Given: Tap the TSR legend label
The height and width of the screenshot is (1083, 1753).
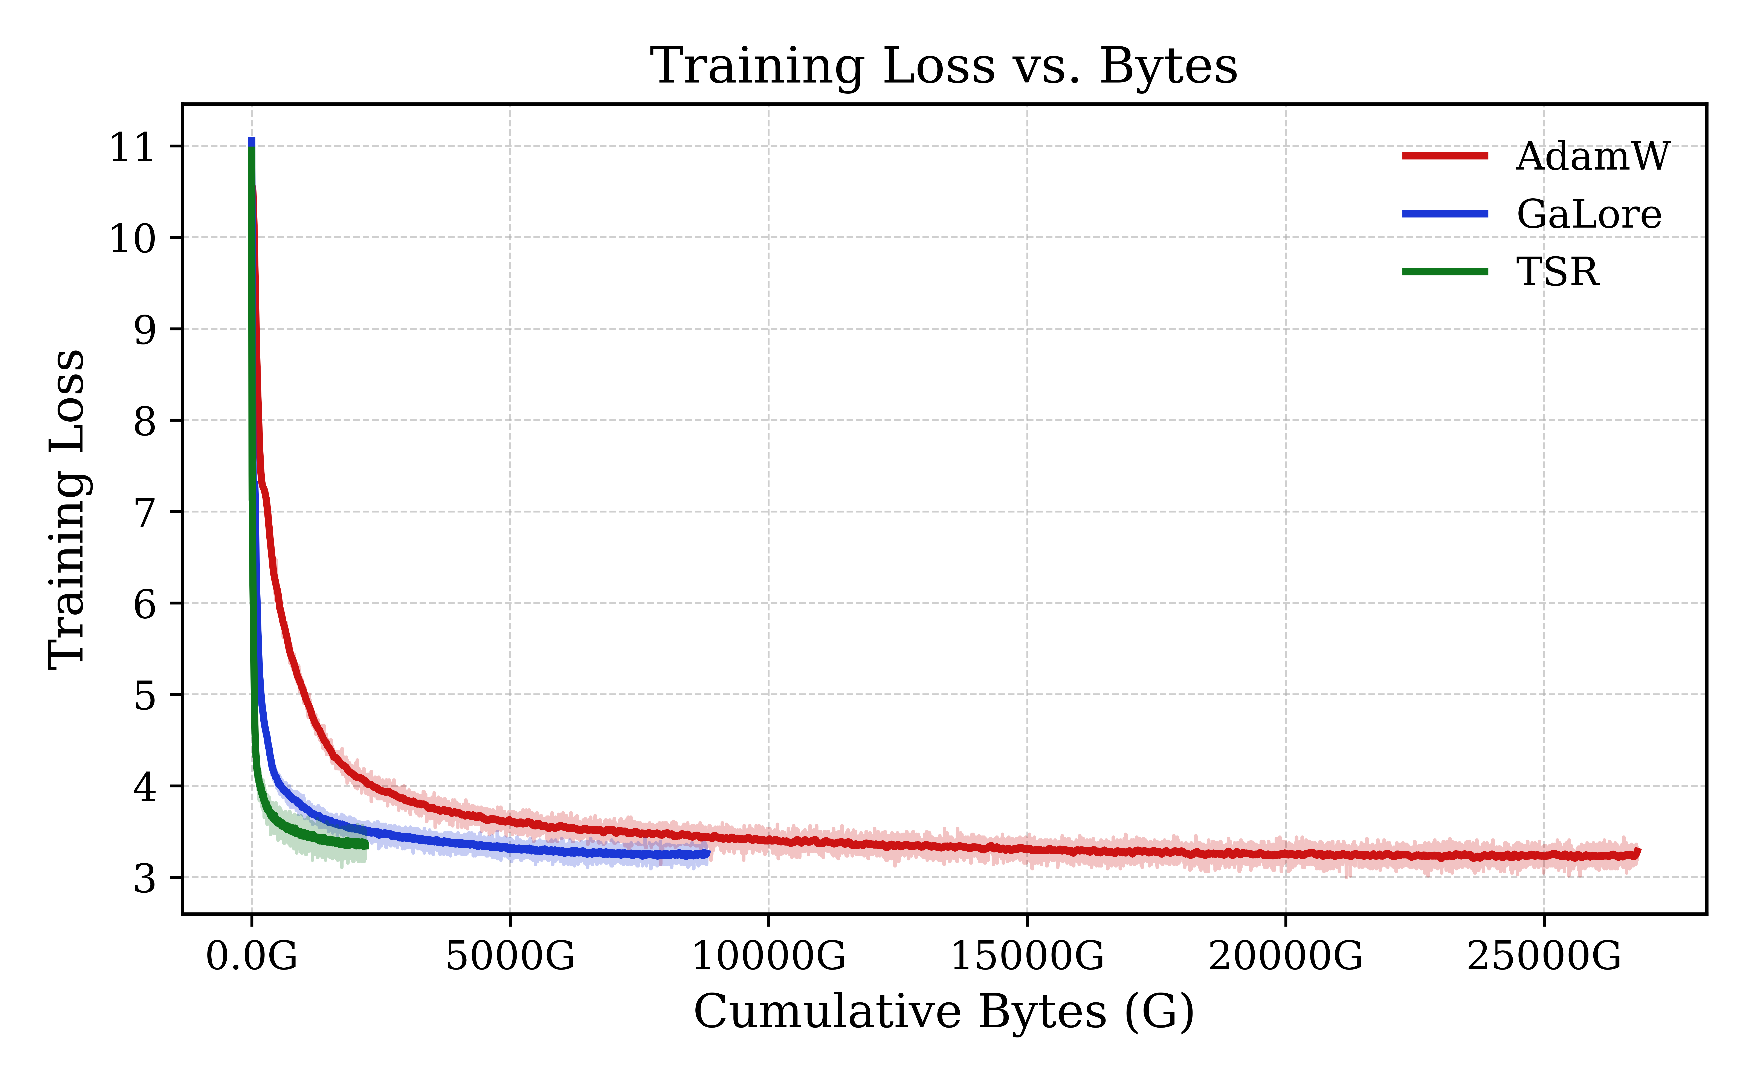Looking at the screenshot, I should tap(1557, 272).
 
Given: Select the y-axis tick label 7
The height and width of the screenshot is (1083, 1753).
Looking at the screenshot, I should tap(144, 513).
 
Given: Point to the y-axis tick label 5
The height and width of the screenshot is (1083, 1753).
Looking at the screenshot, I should tap(144, 696).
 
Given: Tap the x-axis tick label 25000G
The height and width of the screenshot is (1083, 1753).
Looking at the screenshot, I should tap(1544, 956).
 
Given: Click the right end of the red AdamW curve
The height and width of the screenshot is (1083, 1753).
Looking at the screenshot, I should tap(1638, 852).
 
